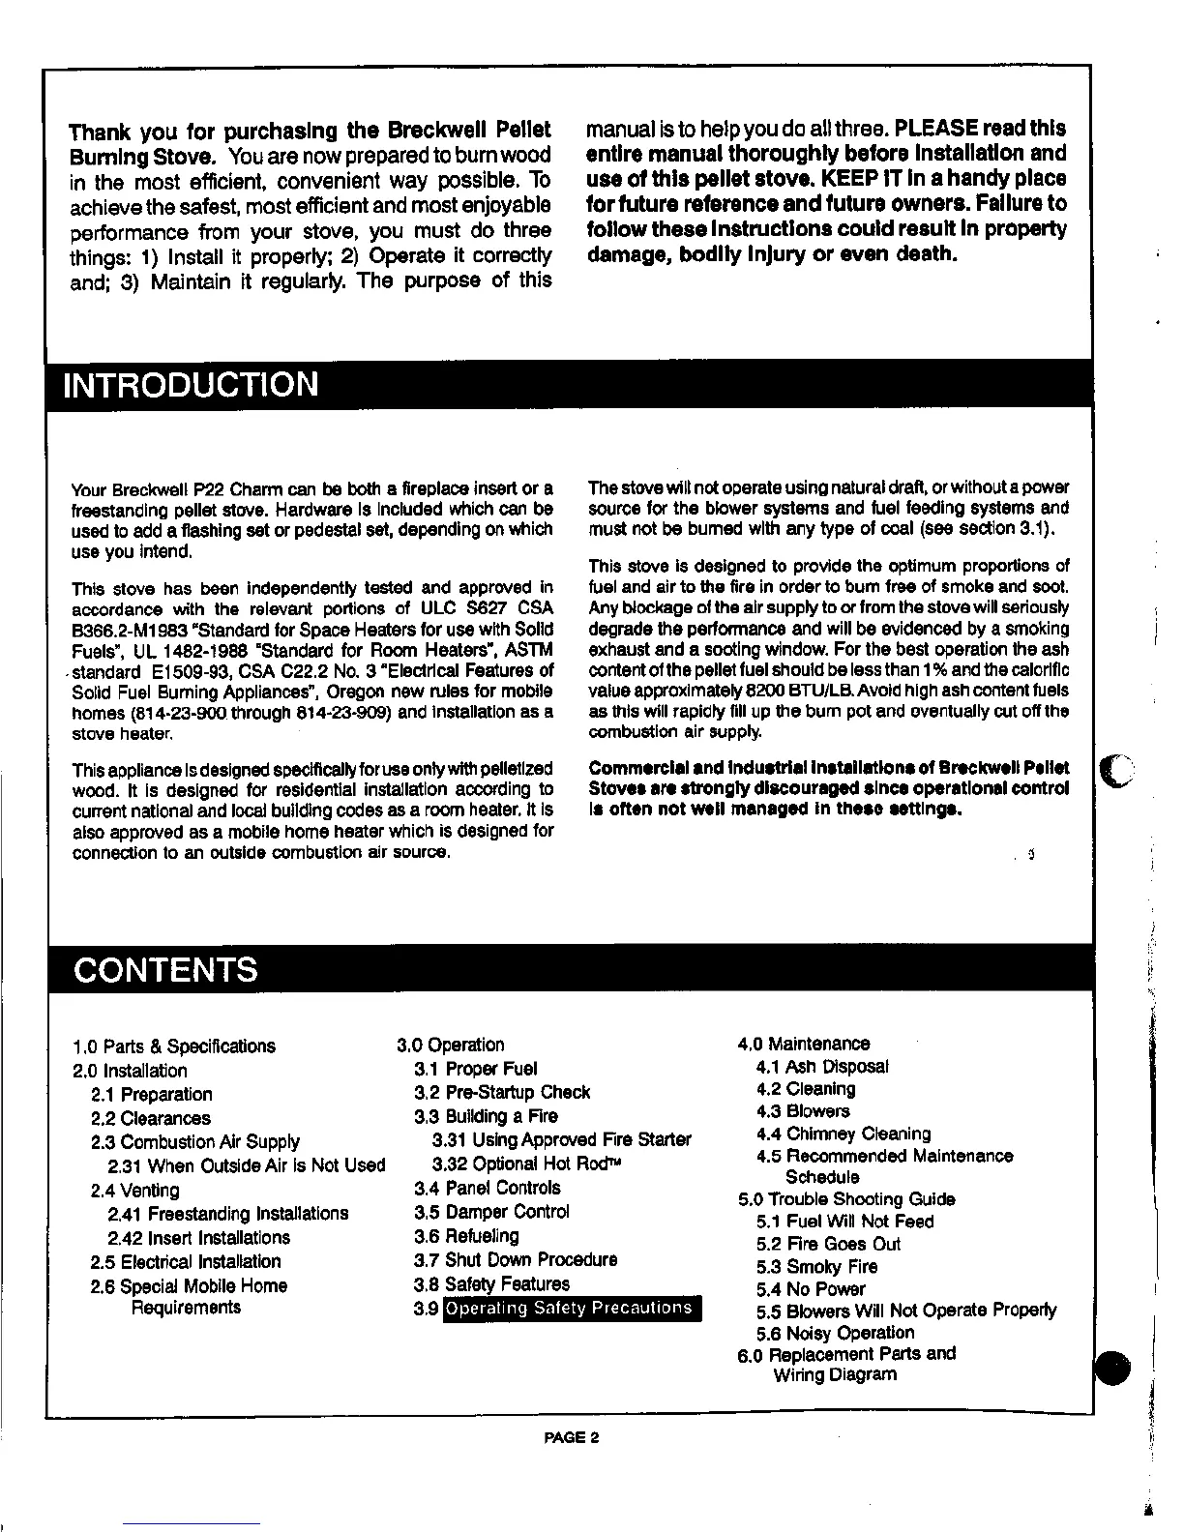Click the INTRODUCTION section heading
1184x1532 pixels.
pyautogui.click(x=190, y=385)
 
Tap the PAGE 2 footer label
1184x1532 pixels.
pyautogui.click(x=572, y=1437)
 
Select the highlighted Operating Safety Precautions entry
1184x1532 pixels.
pyautogui.click(x=571, y=1309)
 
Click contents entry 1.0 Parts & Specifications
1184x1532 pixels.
pyautogui.click(x=174, y=1046)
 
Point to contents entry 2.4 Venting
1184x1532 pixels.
pyautogui.click(x=134, y=1191)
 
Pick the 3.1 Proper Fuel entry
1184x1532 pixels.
pyautogui.click(x=476, y=1069)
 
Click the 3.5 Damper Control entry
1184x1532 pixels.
pyautogui.click(x=491, y=1212)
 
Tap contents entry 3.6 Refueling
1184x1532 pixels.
pyautogui.click(x=466, y=1236)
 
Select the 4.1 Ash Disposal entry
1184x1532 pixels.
pyautogui.click(x=822, y=1067)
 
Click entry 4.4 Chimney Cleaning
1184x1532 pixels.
pyautogui.click(x=844, y=1134)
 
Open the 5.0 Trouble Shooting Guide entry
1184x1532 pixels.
pyautogui.click(x=846, y=1199)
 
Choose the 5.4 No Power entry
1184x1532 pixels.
pyautogui.click(x=811, y=1289)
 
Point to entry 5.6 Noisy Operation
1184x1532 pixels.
pyautogui.click(x=836, y=1333)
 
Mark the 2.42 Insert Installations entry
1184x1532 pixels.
pyautogui.click(x=199, y=1238)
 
